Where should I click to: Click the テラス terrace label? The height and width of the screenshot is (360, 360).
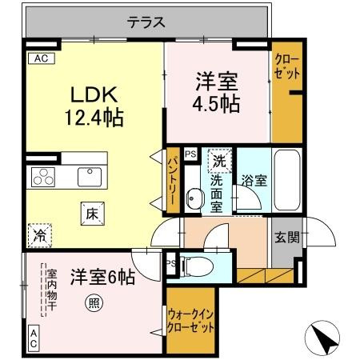pyautogui.click(x=146, y=22)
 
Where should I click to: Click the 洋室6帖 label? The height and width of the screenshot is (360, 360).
pyautogui.click(x=102, y=277)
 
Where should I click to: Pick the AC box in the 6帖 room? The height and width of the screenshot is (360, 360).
pyautogui.click(x=34, y=337)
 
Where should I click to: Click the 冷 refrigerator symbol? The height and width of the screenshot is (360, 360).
pyautogui.click(x=38, y=235)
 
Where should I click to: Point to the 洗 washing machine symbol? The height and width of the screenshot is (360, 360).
pyautogui.click(x=218, y=161)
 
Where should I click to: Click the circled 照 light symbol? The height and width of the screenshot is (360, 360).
pyautogui.click(x=94, y=302)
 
